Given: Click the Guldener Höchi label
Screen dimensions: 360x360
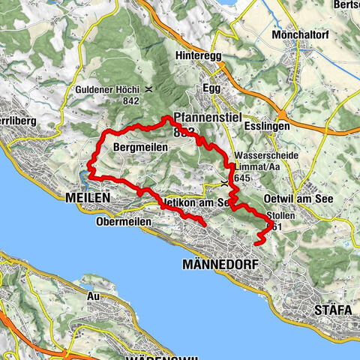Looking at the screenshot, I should (109, 89).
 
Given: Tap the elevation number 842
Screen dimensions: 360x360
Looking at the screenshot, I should (131, 100).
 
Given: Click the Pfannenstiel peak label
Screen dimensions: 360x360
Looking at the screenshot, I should (203, 118).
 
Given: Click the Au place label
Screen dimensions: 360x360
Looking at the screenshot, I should (94, 296).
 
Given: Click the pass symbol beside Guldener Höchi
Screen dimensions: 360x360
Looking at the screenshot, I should (149, 89).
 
